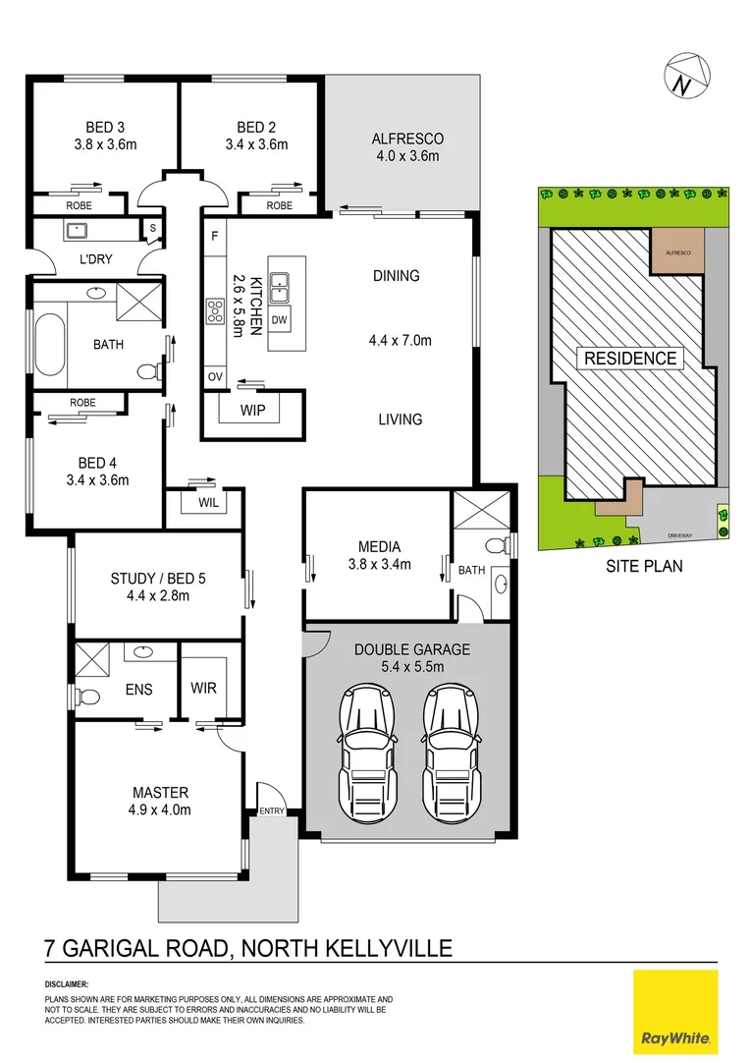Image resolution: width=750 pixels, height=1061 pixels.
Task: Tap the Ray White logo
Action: tap(675, 1011)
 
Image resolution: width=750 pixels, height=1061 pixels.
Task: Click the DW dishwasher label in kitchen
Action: tap(279, 320)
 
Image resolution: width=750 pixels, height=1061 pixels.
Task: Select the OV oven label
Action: tap(213, 376)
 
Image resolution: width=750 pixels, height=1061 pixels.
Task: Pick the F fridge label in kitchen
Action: tap(213, 236)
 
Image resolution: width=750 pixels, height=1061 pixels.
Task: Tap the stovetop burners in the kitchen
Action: tap(214, 311)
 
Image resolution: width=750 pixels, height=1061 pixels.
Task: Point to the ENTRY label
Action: tap(271, 810)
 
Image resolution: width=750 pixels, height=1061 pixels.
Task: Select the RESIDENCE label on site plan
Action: tap(630, 358)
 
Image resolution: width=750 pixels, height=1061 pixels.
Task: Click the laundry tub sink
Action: tap(77, 232)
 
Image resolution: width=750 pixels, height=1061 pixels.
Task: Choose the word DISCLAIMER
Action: tap(67, 983)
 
